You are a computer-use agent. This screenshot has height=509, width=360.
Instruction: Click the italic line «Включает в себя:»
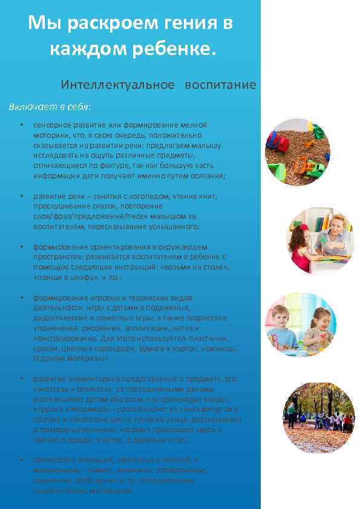tap(50, 107)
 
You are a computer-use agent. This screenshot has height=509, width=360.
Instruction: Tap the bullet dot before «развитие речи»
tap(21, 196)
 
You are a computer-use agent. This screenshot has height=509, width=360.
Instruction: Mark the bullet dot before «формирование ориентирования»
tap(21, 247)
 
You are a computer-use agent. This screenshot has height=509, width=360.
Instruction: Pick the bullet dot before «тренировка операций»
tap(21, 460)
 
